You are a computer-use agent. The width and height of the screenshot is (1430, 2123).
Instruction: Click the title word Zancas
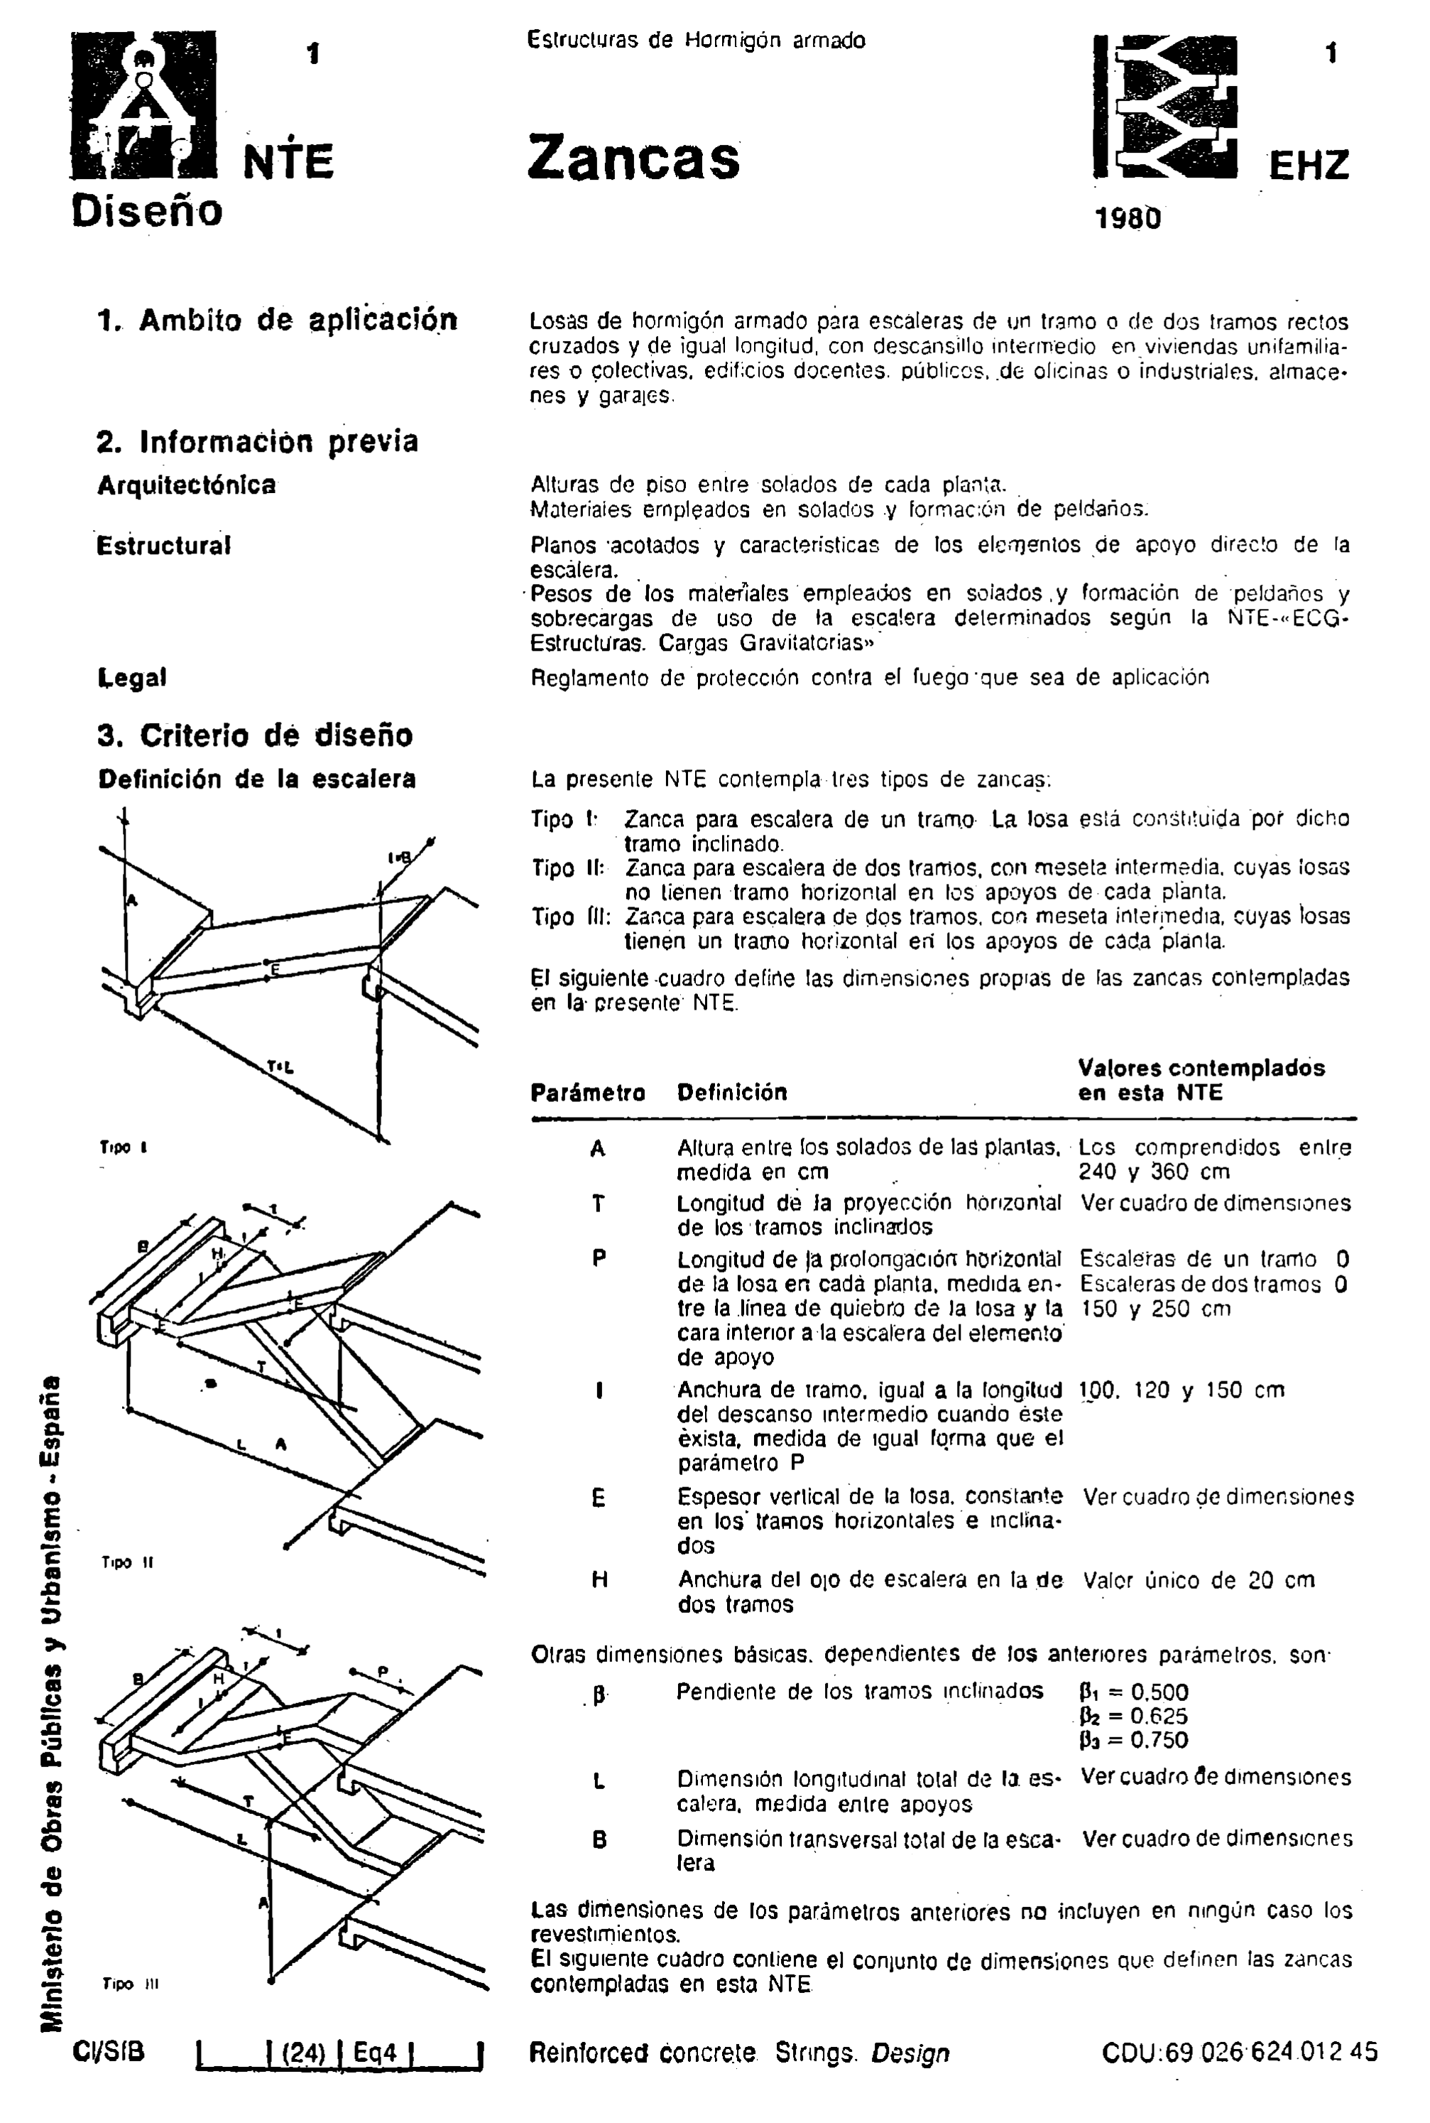(633, 158)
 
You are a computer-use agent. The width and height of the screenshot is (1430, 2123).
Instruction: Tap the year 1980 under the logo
(1128, 219)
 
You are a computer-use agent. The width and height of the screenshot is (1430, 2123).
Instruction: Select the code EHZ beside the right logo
(1308, 167)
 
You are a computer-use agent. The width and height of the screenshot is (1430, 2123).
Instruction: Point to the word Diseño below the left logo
(147, 211)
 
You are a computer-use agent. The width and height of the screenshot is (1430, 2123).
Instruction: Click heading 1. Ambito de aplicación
(277, 320)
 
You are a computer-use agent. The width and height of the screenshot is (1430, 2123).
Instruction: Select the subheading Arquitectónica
(186, 485)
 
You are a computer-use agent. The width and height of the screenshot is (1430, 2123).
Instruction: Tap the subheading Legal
(132, 678)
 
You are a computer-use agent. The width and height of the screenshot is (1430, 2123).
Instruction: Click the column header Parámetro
(587, 1092)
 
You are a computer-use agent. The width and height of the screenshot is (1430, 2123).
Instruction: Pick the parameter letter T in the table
(599, 1204)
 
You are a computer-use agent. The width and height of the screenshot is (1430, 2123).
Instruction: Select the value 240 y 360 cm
(1154, 1172)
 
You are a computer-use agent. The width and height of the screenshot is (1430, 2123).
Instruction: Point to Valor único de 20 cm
(1199, 1580)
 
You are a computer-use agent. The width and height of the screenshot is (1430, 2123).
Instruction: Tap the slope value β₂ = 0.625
(1134, 1716)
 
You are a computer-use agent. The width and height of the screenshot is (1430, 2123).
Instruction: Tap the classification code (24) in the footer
(304, 2053)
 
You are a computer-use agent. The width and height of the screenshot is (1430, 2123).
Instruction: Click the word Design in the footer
(910, 2053)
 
